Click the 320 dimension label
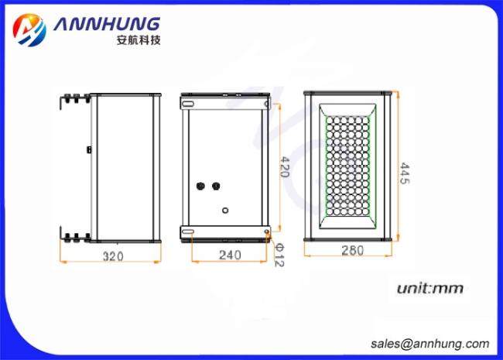pos(113,256)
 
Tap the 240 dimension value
pos(230,255)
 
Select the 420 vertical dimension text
pos(285,167)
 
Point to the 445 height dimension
pos(405,173)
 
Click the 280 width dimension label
pos(353,250)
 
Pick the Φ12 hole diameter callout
pos(279,255)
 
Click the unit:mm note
pos(429,289)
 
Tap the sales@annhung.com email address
pos(429,344)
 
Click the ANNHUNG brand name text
pos(107,24)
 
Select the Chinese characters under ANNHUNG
pos(139,40)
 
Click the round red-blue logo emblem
pos(29,30)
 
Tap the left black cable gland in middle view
pos(200,186)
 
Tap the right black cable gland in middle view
pos(216,186)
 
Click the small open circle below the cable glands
pos(225,211)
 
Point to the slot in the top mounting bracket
pos(188,104)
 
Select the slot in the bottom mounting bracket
pos(188,231)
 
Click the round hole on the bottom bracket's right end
pos(266,231)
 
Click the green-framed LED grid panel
pos(347,166)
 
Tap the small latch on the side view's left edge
pos(90,149)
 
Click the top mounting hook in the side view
pos(74,100)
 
